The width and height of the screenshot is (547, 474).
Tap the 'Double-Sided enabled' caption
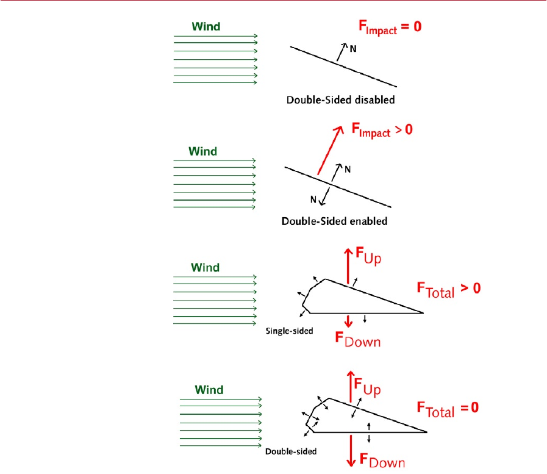[334, 221]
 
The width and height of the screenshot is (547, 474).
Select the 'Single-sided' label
[290, 331]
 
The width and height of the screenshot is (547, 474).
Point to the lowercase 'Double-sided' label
[291, 452]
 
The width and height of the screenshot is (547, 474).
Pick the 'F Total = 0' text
[447, 408]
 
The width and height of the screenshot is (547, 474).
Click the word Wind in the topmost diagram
[206, 26]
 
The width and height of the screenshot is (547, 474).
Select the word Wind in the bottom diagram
[209, 390]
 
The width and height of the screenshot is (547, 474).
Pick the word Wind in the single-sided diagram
[206, 267]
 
